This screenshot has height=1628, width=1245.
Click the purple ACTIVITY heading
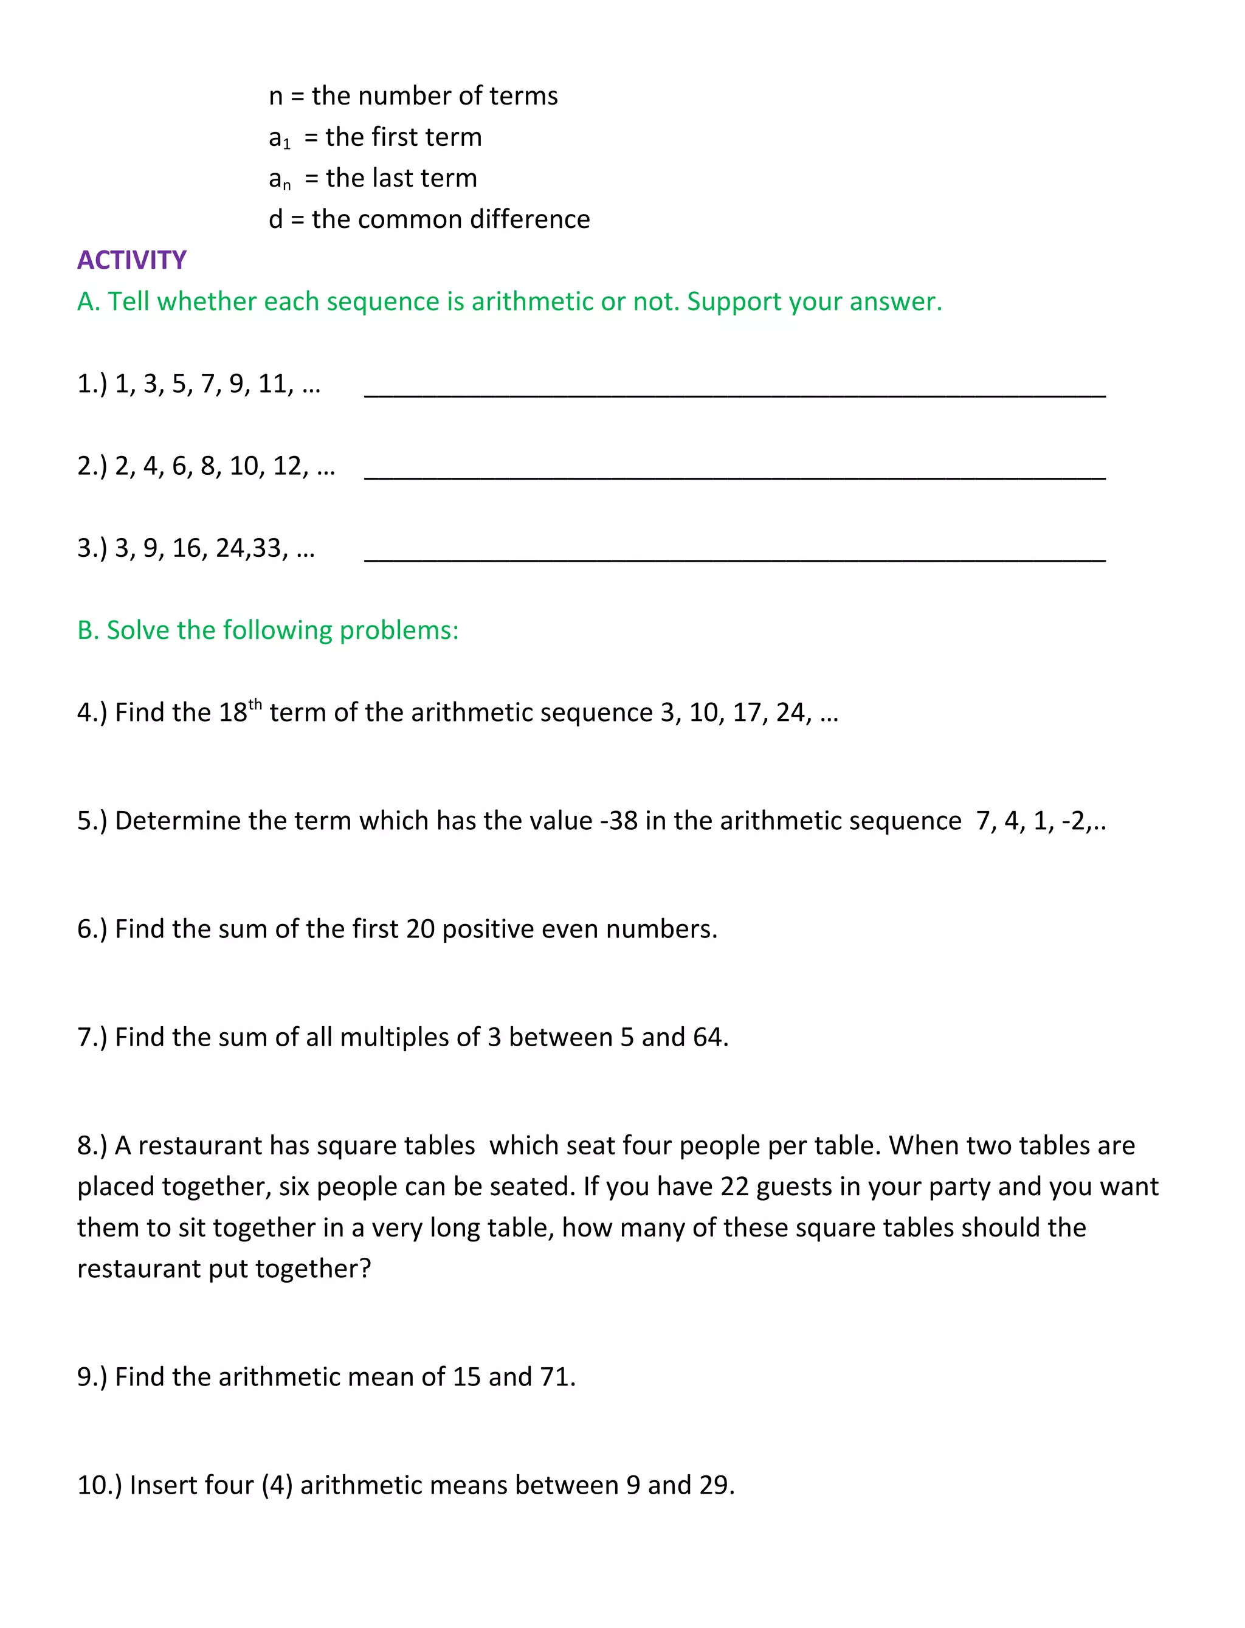click(x=132, y=260)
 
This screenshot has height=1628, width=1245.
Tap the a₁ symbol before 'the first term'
click(x=280, y=139)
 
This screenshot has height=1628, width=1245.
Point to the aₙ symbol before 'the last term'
click(x=280, y=179)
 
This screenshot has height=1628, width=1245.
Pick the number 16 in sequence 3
click(x=187, y=548)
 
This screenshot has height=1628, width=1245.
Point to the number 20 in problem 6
click(x=420, y=930)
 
